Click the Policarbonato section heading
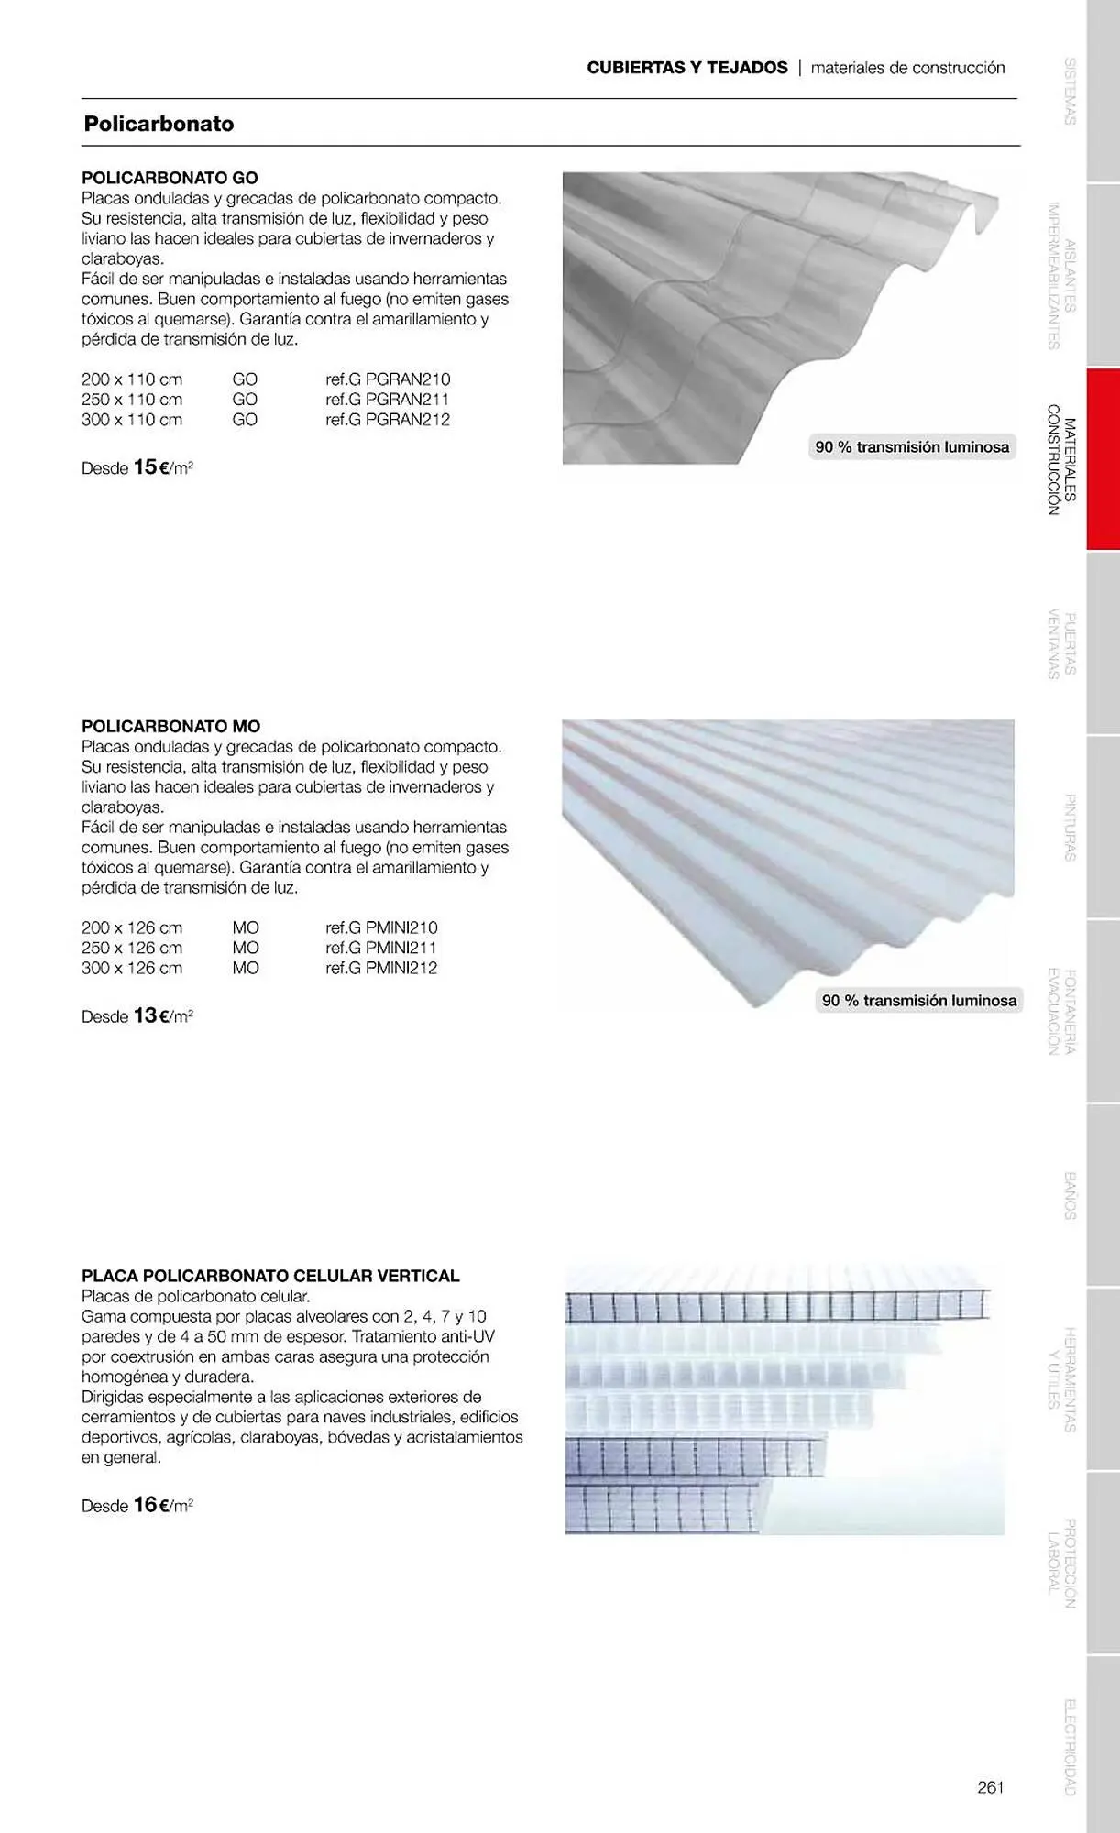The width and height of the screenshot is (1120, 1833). click(159, 124)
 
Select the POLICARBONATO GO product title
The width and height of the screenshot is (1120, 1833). click(170, 178)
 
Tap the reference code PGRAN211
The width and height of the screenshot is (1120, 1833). click(388, 400)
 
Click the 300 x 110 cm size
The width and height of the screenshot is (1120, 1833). click(132, 420)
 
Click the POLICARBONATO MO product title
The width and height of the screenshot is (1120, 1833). click(170, 727)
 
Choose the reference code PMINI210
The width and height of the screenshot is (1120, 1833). click(381, 927)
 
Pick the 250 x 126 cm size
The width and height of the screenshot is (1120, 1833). click(132, 948)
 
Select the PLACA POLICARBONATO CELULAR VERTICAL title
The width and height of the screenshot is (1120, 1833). click(270, 1276)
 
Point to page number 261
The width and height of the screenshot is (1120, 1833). click(991, 1787)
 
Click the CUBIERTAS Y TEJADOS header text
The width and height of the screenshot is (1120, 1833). click(687, 68)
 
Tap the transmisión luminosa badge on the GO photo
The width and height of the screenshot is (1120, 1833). click(912, 447)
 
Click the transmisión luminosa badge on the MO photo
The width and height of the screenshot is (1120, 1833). click(918, 1001)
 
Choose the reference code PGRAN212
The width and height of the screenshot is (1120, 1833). click(388, 420)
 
